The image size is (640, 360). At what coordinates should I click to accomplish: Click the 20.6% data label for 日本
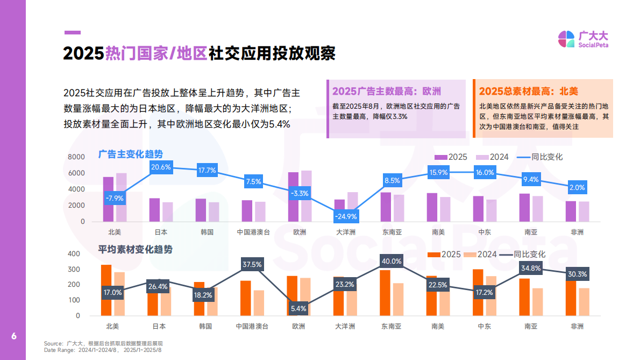[x=161, y=167]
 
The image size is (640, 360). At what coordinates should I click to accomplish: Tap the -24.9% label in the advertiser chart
[x=346, y=216]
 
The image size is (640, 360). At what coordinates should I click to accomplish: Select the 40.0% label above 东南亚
[x=392, y=262]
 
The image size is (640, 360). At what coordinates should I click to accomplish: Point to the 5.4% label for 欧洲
[x=298, y=308]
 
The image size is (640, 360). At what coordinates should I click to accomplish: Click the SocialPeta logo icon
[x=566, y=39]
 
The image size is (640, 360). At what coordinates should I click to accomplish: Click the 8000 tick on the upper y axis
[x=76, y=157]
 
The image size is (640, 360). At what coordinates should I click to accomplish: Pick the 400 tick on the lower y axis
[x=74, y=253]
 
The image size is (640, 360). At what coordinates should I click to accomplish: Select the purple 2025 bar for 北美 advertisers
[x=108, y=199]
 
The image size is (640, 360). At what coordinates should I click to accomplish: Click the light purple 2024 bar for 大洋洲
[x=352, y=207]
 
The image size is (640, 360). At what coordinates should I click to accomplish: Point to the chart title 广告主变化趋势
[x=130, y=154]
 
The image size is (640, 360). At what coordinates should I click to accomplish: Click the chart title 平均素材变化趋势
[x=136, y=250]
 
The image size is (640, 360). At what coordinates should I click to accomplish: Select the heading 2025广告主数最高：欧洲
[x=386, y=91]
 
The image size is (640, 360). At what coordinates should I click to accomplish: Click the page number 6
[x=14, y=336]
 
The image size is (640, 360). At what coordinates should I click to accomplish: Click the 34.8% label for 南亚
[x=531, y=268]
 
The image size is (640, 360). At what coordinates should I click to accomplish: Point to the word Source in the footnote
[x=53, y=343]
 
